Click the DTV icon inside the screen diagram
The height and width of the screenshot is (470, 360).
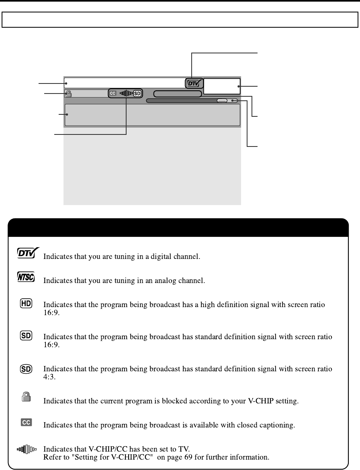tap(195, 83)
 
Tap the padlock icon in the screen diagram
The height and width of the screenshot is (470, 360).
tap(68, 94)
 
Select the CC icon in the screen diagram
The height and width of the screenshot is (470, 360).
tap(112, 94)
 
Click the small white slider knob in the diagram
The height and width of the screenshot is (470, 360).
tap(222, 101)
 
